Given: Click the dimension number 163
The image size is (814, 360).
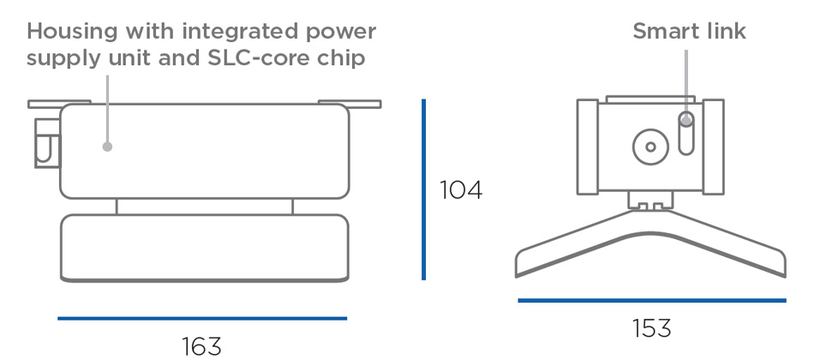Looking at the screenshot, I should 201,345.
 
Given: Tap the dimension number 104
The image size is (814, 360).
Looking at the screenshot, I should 461,190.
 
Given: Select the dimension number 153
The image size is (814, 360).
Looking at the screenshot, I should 651,328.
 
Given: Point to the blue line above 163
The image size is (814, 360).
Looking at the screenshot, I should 202,318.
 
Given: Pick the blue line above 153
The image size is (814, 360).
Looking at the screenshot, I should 651,300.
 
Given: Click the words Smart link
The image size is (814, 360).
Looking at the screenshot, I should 689,32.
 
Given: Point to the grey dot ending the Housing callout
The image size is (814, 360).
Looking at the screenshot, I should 107,147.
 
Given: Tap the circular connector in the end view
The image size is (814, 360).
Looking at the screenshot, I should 650,147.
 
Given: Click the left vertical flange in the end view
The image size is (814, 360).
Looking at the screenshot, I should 587,147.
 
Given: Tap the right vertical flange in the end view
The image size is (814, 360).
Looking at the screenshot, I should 714,147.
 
